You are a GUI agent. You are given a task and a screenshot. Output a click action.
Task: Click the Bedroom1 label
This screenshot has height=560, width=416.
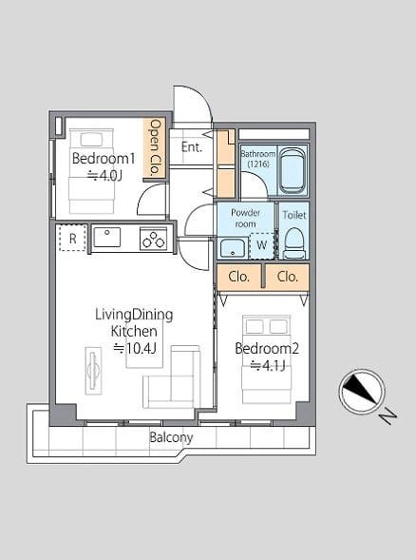(104, 158)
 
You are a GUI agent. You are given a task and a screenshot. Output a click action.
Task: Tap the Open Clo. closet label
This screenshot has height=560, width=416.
(155, 147)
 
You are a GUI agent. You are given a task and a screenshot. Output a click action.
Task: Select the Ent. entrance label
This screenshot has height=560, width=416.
(192, 146)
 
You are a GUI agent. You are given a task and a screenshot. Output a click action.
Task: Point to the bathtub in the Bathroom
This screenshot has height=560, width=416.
(293, 170)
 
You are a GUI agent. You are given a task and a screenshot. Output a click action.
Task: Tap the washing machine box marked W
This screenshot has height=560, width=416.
(261, 245)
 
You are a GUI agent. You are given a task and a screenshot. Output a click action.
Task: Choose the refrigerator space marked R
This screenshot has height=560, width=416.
(72, 238)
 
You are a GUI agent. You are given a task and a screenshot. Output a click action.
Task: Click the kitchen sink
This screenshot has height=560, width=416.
(106, 237)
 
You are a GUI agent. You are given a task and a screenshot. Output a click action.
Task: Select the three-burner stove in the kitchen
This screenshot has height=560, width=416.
(154, 239)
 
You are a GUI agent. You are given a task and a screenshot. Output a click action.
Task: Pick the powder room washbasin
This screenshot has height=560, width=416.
(233, 248)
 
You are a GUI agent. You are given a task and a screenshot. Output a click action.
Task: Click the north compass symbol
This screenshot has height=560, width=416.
(362, 392)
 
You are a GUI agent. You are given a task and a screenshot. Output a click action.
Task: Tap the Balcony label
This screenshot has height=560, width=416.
(171, 437)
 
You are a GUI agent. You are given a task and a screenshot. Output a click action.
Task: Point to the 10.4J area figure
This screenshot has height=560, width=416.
(135, 348)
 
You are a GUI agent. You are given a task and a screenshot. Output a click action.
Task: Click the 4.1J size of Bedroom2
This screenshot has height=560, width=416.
(268, 366)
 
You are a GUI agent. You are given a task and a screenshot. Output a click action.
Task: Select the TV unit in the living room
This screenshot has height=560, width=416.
(93, 371)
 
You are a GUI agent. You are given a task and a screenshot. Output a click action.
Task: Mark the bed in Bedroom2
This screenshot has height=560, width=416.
(267, 359)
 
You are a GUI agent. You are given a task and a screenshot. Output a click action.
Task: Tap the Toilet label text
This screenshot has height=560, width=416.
(294, 215)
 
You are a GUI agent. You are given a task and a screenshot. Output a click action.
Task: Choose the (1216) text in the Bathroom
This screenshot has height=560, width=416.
(258, 164)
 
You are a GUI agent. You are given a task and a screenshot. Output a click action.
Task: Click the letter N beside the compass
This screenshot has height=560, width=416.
(388, 416)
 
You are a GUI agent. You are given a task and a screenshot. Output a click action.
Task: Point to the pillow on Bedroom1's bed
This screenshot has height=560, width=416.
(91, 139)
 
